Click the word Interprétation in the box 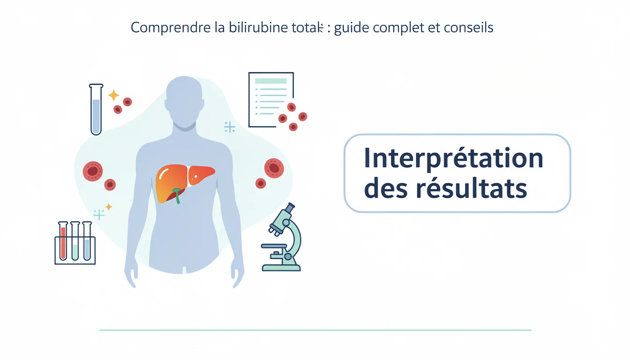click(x=453, y=159)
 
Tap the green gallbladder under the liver click(x=177, y=194)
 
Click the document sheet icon click(x=270, y=99)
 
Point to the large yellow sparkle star click(x=113, y=96)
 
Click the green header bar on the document click(x=270, y=81)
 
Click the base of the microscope click(x=281, y=268)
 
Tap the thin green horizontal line click(x=315, y=330)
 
